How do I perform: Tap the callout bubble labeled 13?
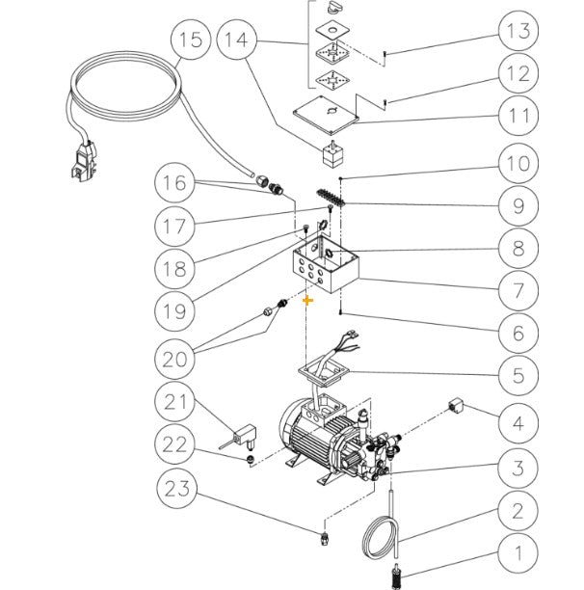tap(518, 32)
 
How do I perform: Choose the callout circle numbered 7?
tap(518, 288)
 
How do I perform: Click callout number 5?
tap(518, 375)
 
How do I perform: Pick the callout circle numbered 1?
tap(518, 553)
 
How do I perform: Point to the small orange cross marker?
tap(308, 301)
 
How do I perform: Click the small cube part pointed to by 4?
tap(459, 405)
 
